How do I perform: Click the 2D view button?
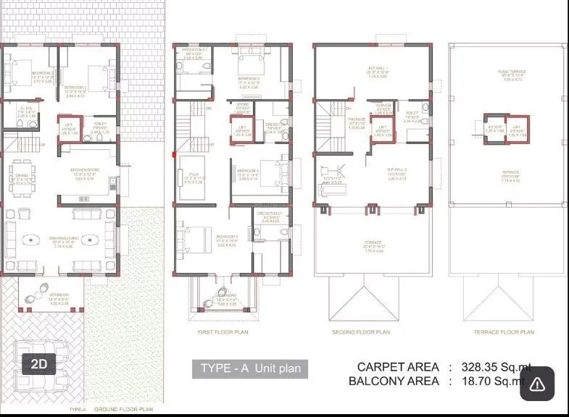click(38, 364)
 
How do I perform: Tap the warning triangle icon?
click(536, 384)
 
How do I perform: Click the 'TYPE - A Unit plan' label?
click(250, 368)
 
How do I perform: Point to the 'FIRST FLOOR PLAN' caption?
click(223, 332)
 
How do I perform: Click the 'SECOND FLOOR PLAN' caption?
click(360, 332)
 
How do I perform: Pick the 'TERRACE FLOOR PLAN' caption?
click(499, 332)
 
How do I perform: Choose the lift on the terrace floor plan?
click(496, 130)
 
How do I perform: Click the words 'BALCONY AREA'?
click(394, 381)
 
